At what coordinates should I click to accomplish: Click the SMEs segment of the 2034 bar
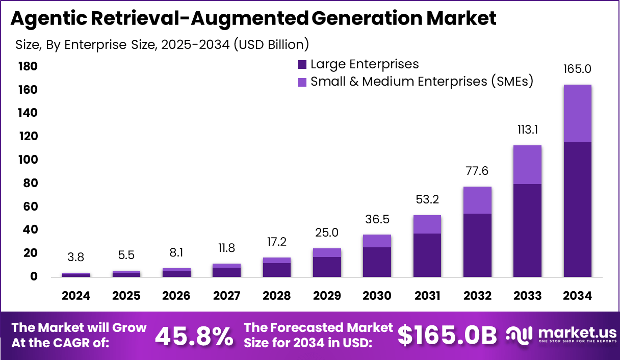click(577, 113)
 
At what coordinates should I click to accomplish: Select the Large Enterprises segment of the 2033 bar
click(527, 230)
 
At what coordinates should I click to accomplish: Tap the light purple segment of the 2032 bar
click(477, 200)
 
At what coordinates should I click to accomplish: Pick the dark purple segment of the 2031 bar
click(427, 255)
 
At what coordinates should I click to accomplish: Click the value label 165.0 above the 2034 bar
click(577, 69)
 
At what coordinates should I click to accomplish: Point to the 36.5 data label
click(377, 219)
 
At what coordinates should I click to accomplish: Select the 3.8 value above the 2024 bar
click(76, 257)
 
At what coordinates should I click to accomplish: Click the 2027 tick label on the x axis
click(226, 296)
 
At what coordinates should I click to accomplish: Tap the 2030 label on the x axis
click(377, 296)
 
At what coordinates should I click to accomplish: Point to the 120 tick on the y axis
click(28, 137)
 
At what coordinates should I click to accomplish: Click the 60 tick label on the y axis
click(30, 207)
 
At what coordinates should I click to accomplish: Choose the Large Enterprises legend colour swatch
click(302, 65)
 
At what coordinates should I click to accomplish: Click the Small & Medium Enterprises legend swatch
click(302, 82)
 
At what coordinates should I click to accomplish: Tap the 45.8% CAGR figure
click(194, 336)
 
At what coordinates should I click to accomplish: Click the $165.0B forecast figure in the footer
click(447, 336)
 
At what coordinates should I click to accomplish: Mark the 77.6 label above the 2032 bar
click(477, 171)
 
